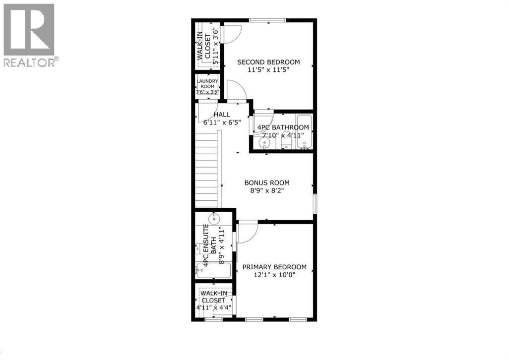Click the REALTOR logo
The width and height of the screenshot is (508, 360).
pos(29,35)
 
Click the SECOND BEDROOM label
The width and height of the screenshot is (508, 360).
pos(268,62)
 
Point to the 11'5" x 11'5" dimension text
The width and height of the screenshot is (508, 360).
pos(268,70)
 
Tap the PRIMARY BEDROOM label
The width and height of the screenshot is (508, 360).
pos(274,267)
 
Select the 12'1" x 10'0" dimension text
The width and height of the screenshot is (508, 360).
pos(274,275)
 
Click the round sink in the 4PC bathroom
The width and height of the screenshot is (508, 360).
pos(264,143)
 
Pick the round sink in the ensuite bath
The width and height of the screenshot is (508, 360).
pos(214,218)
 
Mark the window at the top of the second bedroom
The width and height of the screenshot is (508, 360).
pos(267,20)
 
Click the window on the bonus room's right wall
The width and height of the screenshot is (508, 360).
pos(315,204)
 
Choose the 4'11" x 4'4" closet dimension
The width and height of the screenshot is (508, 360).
pos(214,307)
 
